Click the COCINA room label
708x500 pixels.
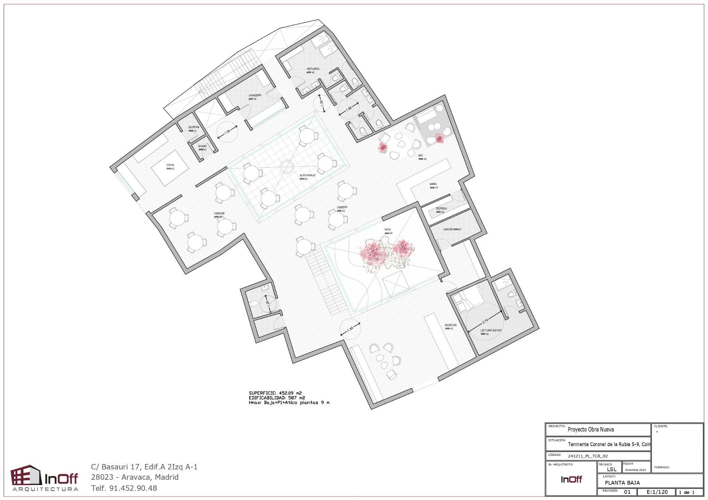tap(170, 165)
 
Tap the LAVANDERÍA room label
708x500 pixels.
tap(255, 95)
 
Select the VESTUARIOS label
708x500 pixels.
tap(313, 69)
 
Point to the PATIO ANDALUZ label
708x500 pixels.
tap(307, 175)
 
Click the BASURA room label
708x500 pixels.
tap(202, 146)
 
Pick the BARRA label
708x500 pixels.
tap(433, 184)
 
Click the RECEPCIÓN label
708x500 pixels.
tap(451, 325)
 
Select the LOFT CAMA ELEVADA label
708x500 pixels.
tap(491, 331)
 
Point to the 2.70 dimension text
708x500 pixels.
tap(485, 321)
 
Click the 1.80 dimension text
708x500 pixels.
tap(349, 109)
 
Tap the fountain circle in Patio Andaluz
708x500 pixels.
tap(286, 167)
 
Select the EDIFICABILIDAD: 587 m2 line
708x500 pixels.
tap(277, 398)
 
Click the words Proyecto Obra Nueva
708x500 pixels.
tap(591, 430)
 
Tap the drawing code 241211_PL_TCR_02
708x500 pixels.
tap(588, 456)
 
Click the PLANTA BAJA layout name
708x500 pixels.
tap(622, 483)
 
